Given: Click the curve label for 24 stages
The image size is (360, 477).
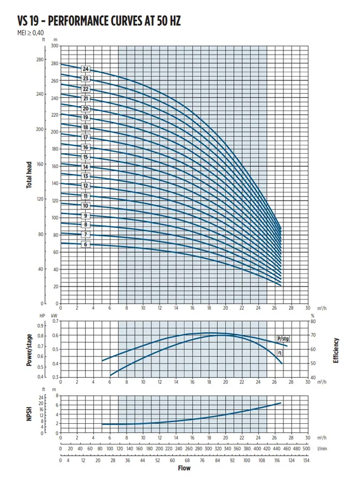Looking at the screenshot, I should (x=85, y=69).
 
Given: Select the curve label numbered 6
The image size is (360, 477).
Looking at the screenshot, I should (x=85, y=244).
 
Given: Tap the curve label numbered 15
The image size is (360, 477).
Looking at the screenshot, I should (x=85, y=157).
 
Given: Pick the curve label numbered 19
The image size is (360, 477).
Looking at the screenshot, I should (x=85, y=117).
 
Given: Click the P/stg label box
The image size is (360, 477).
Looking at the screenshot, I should (x=282, y=338).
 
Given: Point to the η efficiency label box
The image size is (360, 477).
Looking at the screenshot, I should (x=280, y=353).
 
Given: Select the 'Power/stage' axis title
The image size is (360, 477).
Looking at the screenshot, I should (x=29, y=349).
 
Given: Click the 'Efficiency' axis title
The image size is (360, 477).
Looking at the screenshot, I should (x=336, y=350).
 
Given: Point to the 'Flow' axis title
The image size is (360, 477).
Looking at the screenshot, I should (x=184, y=468).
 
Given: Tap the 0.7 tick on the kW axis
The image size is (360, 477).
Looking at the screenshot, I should (x=54, y=322).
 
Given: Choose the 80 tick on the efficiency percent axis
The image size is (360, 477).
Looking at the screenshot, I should (x=313, y=322).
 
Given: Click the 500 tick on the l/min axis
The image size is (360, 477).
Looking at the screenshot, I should (x=306, y=449).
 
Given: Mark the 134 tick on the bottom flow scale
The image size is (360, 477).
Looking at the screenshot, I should (x=306, y=460).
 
